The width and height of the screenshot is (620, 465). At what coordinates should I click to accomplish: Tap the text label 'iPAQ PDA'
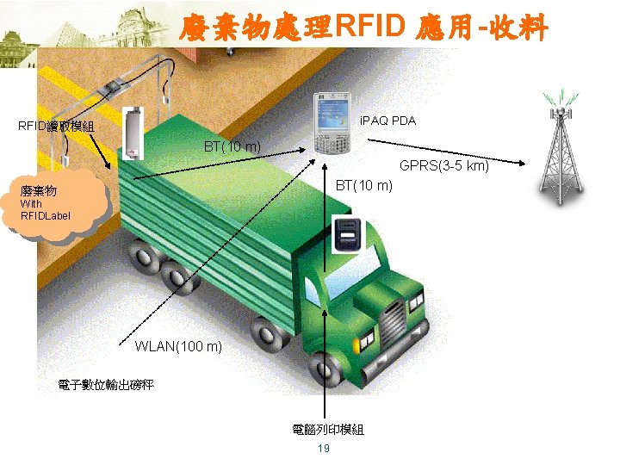pyautogui.click(x=387, y=121)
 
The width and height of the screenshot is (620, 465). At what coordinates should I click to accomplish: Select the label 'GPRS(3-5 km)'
pyautogui.click(x=443, y=166)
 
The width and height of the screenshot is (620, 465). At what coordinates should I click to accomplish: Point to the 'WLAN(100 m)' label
pyautogui.click(x=178, y=346)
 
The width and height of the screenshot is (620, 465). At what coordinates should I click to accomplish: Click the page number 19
pyautogui.click(x=324, y=449)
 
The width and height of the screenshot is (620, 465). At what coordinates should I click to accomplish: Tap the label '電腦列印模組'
pyautogui.click(x=327, y=429)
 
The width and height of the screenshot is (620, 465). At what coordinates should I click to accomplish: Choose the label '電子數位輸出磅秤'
pyautogui.click(x=106, y=384)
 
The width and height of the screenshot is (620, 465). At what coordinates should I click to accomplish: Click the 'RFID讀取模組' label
pyautogui.click(x=57, y=127)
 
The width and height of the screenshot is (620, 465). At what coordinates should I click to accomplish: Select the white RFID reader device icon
pyautogui.click(x=132, y=133)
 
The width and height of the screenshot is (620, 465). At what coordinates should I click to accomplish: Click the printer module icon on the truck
pyautogui.click(x=347, y=235)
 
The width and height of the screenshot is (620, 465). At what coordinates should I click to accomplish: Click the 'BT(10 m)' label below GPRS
pyautogui.click(x=363, y=185)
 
